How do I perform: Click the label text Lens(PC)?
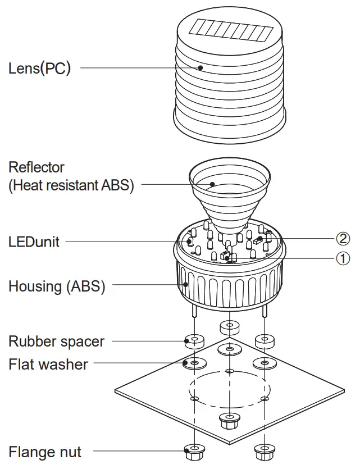click(39, 69)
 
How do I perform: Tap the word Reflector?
click(37, 167)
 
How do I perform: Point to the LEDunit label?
click(34, 242)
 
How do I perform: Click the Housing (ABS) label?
click(57, 286)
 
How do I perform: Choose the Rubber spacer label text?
click(56, 341)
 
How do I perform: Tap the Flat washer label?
click(48, 364)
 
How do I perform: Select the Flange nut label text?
click(45, 452)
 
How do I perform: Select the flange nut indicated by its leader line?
click(194, 449)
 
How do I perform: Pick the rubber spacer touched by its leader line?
click(194, 340)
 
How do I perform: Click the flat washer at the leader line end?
click(194, 363)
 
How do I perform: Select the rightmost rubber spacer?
click(263, 340)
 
